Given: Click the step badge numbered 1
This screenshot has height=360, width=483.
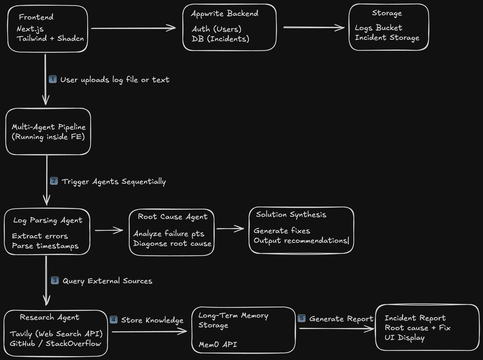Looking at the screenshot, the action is [x=53, y=79].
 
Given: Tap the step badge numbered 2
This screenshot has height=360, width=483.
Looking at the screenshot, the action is [x=54, y=181].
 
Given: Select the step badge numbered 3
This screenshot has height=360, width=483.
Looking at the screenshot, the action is [x=55, y=280].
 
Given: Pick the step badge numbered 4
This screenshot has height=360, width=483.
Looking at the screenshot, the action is [x=114, y=319].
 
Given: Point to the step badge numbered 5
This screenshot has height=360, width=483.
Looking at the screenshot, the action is [x=302, y=318].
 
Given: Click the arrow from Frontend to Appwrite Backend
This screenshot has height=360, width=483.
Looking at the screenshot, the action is [x=134, y=28].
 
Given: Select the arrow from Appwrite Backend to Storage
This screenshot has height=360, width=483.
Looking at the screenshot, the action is [x=313, y=27].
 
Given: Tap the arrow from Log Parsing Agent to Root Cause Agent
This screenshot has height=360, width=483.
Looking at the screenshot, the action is [x=109, y=230].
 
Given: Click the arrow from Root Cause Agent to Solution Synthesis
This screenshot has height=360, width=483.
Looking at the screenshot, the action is [x=230, y=229].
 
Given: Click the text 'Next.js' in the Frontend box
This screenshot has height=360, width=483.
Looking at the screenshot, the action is [x=30, y=29].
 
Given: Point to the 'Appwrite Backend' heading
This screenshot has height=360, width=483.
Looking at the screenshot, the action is [x=224, y=13].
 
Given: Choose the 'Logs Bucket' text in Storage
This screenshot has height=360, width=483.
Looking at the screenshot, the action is [x=379, y=28].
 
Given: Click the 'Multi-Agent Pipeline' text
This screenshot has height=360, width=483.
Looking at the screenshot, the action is [x=49, y=127].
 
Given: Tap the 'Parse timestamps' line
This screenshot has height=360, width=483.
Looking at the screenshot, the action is [x=45, y=246].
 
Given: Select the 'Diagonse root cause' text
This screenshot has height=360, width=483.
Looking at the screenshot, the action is [x=173, y=243].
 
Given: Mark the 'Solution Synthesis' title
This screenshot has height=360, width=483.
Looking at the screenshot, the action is [x=291, y=215].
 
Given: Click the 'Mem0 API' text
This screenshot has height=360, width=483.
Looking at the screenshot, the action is [x=218, y=344].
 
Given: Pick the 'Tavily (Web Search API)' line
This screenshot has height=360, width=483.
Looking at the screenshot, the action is [x=56, y=334].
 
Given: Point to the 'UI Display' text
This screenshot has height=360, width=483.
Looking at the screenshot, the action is [x=404, y=338].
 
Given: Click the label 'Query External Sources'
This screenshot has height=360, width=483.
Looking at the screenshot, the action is [x=107, y=281].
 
